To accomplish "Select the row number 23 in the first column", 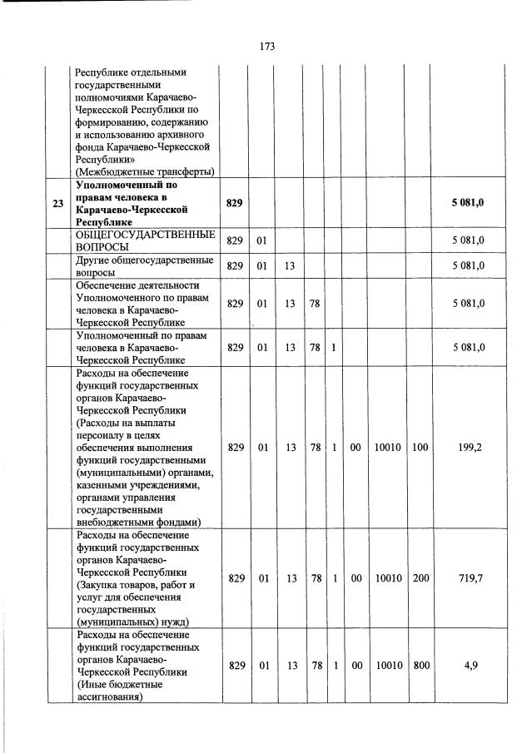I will click(57, 204).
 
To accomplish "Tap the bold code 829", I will click(235, 204).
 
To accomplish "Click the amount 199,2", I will click(470, 447).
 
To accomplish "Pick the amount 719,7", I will click(470, 577).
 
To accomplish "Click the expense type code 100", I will click(420, 447).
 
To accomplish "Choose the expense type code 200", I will click(420, 577).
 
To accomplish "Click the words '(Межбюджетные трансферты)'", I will click(144, 171).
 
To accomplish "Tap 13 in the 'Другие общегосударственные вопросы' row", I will click(290, 265).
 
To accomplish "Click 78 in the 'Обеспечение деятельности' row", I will click(316, 304).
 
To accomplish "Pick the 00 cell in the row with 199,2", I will click(355, 447).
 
